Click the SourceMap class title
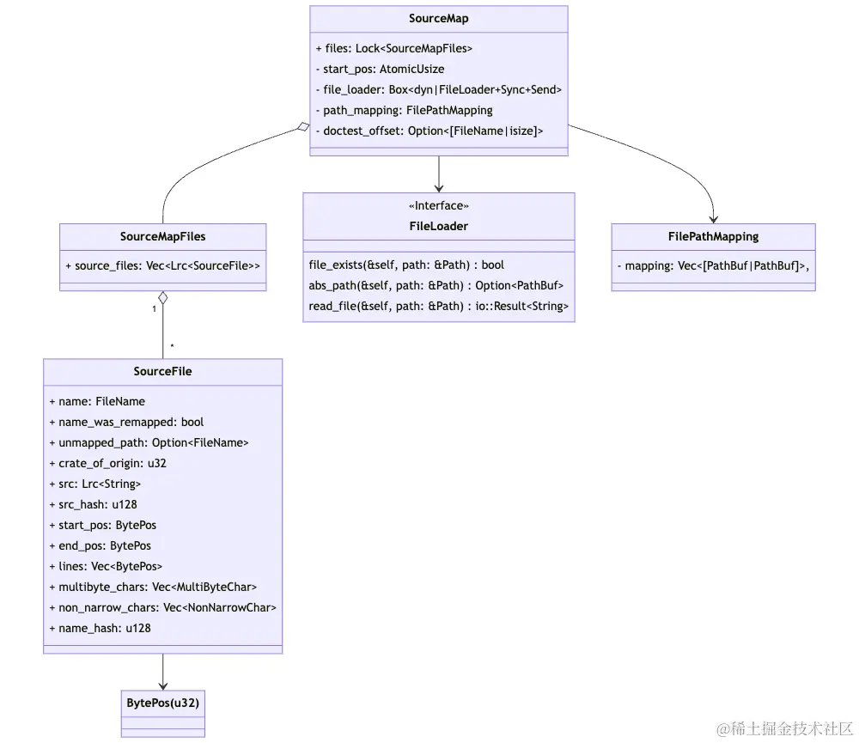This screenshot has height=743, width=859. (x=438, y=18)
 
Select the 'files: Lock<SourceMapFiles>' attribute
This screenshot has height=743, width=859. (x=393, y=48)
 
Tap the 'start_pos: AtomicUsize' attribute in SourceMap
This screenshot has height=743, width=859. (x=379, y=69)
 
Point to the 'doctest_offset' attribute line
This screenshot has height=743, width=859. (x=429, y=131)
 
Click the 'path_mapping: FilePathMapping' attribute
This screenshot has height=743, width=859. (x=403, y=110)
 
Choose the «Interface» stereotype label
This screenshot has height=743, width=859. (x=438, y=206)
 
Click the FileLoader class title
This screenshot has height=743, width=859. (x=438, y=226)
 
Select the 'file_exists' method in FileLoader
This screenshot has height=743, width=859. (x=406, y=265)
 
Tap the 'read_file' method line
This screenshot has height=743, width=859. (x=438, y=306)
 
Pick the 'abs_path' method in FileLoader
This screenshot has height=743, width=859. (x=436, y=285)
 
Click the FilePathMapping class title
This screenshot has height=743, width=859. (x=713, y=236)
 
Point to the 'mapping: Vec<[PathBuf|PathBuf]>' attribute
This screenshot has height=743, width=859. (x=713, y=266)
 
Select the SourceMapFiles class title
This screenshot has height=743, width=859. (x=162, y=236)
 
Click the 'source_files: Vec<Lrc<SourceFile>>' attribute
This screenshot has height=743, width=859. (x=162, y=266)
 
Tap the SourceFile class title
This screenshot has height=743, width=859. (x=162, y=371)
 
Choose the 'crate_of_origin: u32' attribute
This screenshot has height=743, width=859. (x=107, y=463)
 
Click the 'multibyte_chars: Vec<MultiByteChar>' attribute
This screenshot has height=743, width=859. (x=153, y=587)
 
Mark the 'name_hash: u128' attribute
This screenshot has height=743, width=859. (x=100, y=628)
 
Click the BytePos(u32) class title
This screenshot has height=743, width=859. (x=162, y=703)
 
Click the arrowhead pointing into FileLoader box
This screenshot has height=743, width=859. (x=438, y=187)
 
